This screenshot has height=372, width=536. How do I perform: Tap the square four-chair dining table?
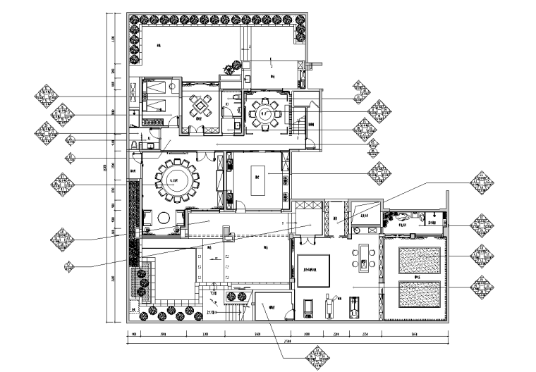click(x=201, y=107)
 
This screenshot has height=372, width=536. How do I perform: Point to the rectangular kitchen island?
click(x=257, y=184)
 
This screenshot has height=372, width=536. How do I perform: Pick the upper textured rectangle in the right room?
click(x=420, y=259)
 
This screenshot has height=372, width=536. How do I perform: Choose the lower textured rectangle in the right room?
click(x=420, y=294)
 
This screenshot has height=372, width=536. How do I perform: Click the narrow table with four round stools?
click(x=364, y=257)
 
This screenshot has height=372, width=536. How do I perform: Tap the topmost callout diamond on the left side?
click(x=49, y=96)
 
